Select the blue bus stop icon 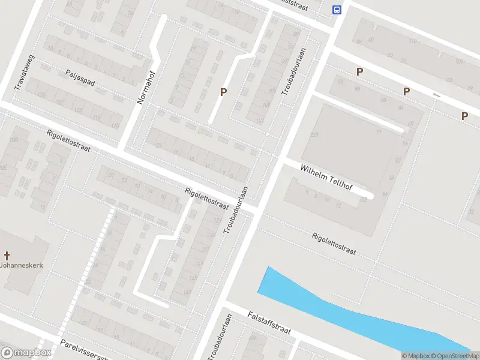(x=337, y=10)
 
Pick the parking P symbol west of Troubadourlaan (x=224, y=92)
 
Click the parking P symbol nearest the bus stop (x=359, y=71)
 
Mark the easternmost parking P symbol (x=464, y=116)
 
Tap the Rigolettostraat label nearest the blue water (x=334, y=244)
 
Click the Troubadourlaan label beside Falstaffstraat (x=220, y=338)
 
